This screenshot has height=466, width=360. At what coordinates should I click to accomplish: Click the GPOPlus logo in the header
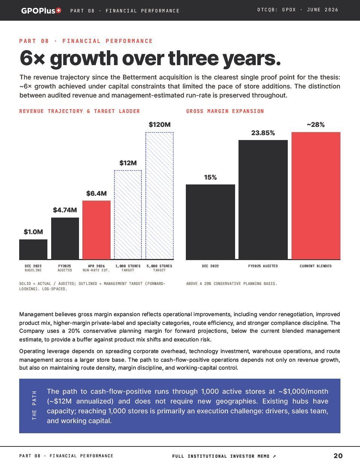[41, 11]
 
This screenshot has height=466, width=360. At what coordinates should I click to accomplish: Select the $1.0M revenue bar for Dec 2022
[33, 250]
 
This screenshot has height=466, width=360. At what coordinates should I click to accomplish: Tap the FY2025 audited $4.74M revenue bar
[65, 239]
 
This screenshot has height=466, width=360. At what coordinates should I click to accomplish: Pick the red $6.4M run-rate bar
[96, 230]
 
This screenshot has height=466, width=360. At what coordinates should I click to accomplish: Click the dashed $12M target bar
[128, 215]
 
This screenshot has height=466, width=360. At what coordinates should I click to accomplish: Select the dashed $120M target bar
[159, 196]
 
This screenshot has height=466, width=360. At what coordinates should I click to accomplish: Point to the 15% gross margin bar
[210, 222]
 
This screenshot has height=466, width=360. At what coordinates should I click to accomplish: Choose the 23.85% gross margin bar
[263, 200]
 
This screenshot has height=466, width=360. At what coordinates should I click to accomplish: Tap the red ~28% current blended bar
[316, 196]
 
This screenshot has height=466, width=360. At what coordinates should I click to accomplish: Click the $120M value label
[159, 125]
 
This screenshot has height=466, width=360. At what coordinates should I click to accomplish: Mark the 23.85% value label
[263, 133]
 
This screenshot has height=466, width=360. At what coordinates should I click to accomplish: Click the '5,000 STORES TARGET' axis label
[159, 268]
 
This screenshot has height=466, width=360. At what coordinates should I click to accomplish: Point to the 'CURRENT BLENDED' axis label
[316, 266]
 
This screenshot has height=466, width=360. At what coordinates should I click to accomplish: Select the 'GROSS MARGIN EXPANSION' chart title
[225, 111]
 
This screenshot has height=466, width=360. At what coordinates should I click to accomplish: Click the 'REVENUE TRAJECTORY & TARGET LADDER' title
[79, 111]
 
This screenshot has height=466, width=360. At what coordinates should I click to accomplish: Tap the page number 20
[338, 456]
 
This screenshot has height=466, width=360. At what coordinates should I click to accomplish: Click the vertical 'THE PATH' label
[34, 405]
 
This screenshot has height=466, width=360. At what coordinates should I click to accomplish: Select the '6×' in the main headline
[32, 58]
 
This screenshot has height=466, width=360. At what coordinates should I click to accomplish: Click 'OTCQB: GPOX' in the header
[276, 10]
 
